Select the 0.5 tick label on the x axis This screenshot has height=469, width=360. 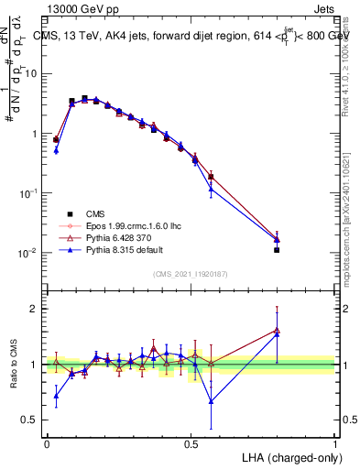(x=191, y=443)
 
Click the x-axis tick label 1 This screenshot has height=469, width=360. (x=335, y=443)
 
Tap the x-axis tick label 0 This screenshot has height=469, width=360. (x=47, y=443)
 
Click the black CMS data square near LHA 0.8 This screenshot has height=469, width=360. (x=277, y=249)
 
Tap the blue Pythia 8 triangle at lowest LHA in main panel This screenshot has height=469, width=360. (x=56, y=150)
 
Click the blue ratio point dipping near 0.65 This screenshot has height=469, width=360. (x=212, y=400)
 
